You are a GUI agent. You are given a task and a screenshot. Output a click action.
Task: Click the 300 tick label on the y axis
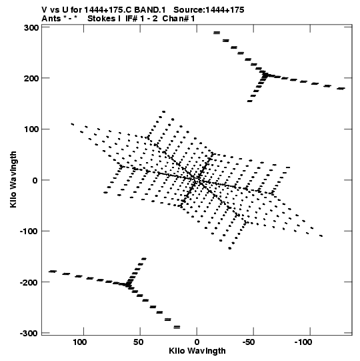pyautogui.click(x=31, y=28)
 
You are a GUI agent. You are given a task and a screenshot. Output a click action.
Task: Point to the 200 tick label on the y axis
pyautogui.click(x=31, y=79)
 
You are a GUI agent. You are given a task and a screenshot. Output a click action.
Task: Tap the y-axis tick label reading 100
pyautogui.click(x=31, y=129)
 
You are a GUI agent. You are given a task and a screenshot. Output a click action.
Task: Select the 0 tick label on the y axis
pyautogui.click(x=35, y=180)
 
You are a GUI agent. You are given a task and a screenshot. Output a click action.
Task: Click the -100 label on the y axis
pyautogui.click(x=29, y=232)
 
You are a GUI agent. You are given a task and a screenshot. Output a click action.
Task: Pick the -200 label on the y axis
pyautogui.click(x=29, y=282)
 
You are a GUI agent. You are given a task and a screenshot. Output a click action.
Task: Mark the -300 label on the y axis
pyautogui.click(x=29, y=334)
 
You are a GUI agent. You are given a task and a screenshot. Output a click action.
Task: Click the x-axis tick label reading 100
pyautogui.click(x=80, y=342)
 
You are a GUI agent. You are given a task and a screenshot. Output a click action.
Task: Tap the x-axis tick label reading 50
pyautogui.click(x=138, y=342)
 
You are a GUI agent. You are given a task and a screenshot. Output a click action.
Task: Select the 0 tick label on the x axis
pyautogui.click(x=197, y=342)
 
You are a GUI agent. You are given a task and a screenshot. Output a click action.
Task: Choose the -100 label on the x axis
pyautogui.click(x=303, y=342)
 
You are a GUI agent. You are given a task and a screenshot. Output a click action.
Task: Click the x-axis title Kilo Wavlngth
pyautogui.click(x=197, y=351)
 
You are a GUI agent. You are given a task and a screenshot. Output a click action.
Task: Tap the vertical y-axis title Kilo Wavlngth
pyautogui.click(x=13, y=179)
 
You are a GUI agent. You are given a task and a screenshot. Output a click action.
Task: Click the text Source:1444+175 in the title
pyautogui.click(x=209, y=10)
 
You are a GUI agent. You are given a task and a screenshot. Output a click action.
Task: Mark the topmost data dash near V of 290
pyautogui.click(x=217, y=33)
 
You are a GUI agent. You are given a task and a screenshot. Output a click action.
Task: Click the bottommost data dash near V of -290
pyautogui.click(x=177, y=327)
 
